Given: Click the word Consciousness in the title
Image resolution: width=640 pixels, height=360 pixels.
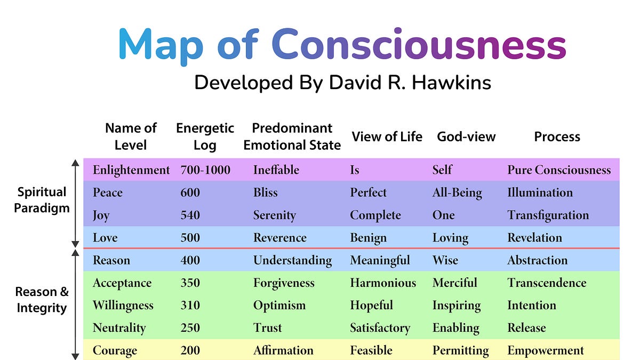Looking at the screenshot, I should (x=419, y=44).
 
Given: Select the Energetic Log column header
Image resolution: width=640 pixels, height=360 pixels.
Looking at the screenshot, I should (x=205, y=137).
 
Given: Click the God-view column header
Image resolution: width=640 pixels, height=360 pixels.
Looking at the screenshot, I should (x=466, y=137).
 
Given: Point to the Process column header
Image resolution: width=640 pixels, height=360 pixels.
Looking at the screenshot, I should (x=557, y=137).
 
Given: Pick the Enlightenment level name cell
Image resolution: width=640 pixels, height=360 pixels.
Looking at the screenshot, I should (x=131, y=170).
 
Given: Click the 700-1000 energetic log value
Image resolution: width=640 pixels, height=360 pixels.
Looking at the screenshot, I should (x=205, y=170).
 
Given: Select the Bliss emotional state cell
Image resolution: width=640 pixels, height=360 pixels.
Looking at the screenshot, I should (x=266, y=193).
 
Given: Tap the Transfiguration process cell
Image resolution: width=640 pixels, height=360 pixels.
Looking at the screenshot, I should (x=548, y=215).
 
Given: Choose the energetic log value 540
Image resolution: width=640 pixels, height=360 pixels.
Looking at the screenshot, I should (x=190, y=215).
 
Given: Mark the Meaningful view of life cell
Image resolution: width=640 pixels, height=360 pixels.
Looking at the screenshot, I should (x=380, y=260).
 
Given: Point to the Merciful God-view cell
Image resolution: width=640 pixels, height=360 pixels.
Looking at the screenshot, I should (x=455, y=283).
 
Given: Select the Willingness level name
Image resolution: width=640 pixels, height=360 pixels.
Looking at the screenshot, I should (x=123, y=306).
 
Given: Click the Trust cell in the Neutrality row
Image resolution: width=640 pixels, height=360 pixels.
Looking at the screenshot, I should (x=268, y=328).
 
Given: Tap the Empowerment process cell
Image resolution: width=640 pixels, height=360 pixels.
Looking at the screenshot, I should (x=546, y=351).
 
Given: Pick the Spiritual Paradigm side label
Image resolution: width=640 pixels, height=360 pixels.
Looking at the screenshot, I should (x=42, y=200).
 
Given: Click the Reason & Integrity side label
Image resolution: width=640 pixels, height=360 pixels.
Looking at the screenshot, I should (x=42, y=300).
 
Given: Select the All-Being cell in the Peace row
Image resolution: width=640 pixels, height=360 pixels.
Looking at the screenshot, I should (x=457, y=193).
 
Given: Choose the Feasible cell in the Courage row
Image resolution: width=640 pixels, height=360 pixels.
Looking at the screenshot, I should (x=371, y=351).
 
